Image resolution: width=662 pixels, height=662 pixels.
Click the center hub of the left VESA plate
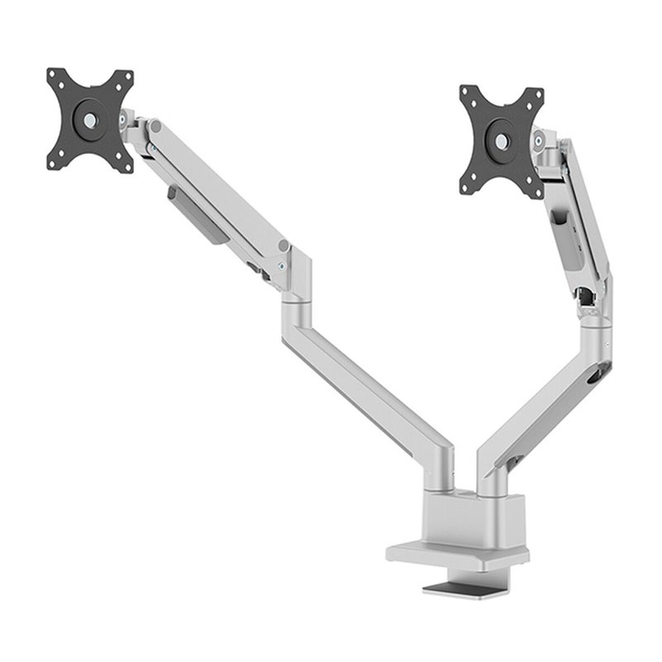pyautogui.click(x=89, y=120)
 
